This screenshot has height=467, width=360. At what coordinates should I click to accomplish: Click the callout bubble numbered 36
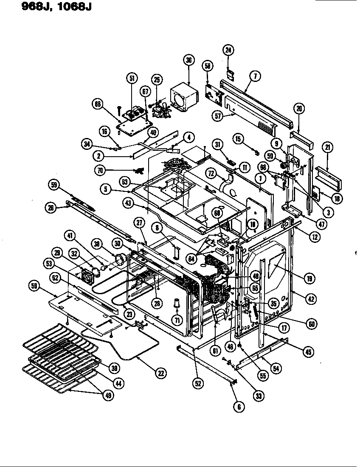click(x=189, y=60)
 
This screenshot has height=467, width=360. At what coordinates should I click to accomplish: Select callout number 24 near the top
click(x=228, y=50)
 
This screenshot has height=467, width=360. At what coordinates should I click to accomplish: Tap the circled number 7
click(x=254, y=76)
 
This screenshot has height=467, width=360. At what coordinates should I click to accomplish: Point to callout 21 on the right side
click(x=328, y=148)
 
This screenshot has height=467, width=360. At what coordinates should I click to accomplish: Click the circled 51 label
click(x=132, y=78)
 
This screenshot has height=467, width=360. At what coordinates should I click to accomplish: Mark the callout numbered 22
click(x=160, y=373)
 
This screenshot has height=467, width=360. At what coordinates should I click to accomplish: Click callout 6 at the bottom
click(x=239, y=406)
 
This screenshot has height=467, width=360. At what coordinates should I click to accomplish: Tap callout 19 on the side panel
click(x=309, y=279)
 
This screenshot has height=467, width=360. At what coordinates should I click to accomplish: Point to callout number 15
click(x=238, y=139)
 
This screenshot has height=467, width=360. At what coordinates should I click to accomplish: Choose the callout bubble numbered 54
click(x=276, y=369)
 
